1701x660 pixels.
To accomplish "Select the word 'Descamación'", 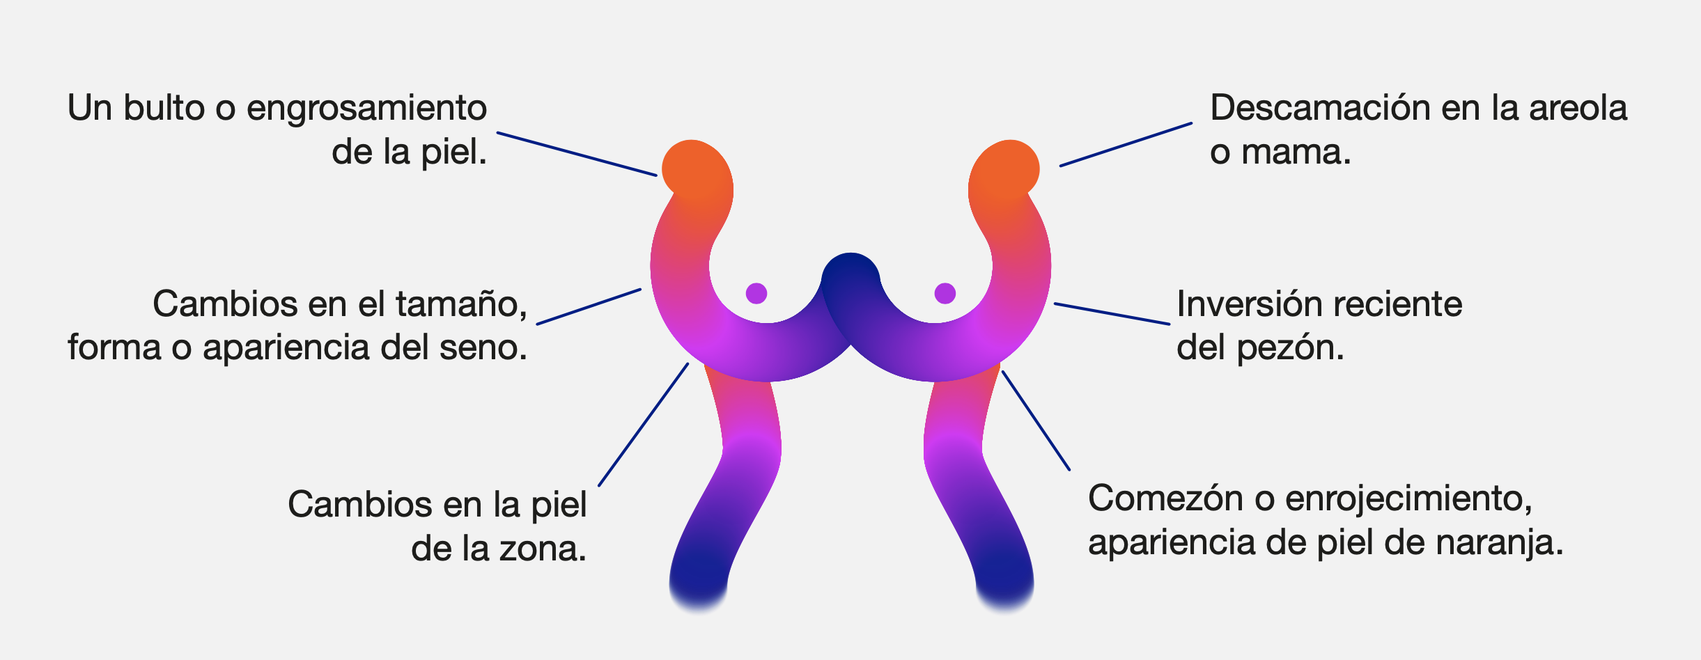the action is point(1321,108).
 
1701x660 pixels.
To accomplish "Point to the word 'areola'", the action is point(1578,108).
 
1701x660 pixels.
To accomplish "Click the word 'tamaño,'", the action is point(462,305).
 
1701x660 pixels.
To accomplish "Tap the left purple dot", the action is point(756,293).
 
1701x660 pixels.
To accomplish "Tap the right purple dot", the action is point(945,293).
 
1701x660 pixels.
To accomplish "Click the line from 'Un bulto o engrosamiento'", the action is point(577,154).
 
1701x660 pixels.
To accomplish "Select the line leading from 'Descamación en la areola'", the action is point(1126,145).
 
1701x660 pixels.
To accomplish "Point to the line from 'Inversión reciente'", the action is point(1112,313).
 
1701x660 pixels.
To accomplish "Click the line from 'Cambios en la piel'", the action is point(644,424).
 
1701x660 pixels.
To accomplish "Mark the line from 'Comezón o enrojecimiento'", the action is point(1036,421).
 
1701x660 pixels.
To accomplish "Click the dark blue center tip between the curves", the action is point(850,268).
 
